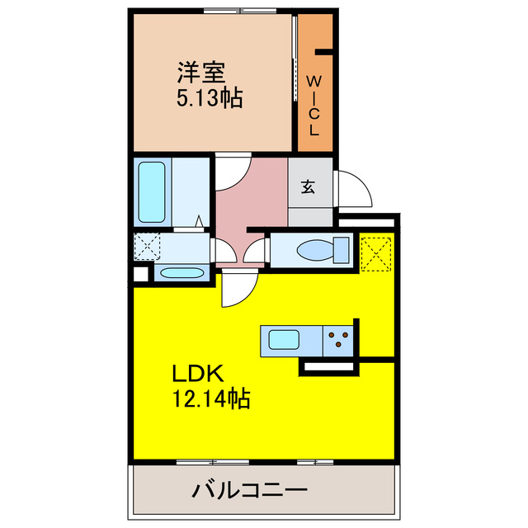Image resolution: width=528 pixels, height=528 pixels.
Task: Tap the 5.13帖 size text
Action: click(x=208, y=99)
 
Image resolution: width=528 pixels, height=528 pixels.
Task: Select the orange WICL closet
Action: click(x=313, y=82)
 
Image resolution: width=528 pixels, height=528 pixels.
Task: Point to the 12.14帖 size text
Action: click(x=211, y=400)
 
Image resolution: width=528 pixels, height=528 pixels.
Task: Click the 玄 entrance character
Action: click(x=308, y=187)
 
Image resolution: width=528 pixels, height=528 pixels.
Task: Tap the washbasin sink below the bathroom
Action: click(x=181, y=275)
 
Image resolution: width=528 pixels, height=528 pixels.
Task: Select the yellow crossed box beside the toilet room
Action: click(x=378, y=252)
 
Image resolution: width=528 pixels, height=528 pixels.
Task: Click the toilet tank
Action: click(x=340, y=250)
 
